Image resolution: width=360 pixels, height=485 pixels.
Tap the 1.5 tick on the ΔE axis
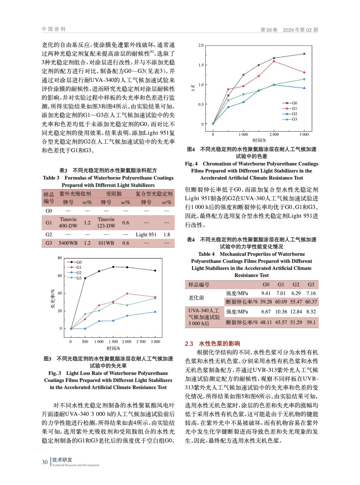point(201,65)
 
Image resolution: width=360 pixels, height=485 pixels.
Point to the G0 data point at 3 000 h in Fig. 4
point(304,54)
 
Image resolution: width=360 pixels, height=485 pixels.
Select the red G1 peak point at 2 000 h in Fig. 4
point(274,61)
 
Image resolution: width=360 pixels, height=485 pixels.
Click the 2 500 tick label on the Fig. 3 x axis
point(141,342)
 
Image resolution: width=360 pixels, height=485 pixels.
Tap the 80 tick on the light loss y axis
point(60,258)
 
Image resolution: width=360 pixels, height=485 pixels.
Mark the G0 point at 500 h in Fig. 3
point(85,278)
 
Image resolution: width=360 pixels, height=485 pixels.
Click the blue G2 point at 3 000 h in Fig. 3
point(155,312)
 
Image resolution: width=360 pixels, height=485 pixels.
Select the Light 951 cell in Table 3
point(146,235)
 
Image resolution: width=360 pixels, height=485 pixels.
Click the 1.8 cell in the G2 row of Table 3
point(167,235)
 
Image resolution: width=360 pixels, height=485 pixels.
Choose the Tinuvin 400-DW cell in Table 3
point(68,222)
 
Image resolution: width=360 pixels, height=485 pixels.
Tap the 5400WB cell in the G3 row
point(68,243)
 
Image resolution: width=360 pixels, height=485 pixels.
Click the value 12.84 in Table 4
point(296,312)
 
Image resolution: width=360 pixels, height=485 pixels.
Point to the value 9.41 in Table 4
point(266,293)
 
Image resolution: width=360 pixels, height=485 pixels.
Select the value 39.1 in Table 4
point(311,322)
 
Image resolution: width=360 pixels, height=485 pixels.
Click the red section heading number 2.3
point(189,344)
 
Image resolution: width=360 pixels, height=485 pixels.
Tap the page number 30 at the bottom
point(45,462)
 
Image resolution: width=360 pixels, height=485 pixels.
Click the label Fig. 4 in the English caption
point(191,164)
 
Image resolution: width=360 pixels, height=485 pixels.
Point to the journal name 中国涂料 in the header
point(54,29)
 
